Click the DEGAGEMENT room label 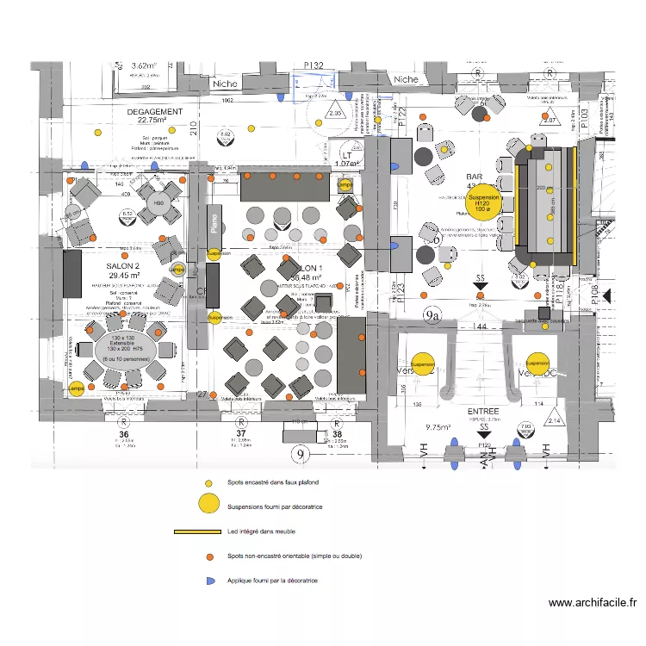pos(154,112)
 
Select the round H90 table pos(158,204)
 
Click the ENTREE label pos(483,413)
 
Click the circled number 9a pos(432,316)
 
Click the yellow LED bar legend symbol pos(197,531)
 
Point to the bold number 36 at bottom pos(122,432)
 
